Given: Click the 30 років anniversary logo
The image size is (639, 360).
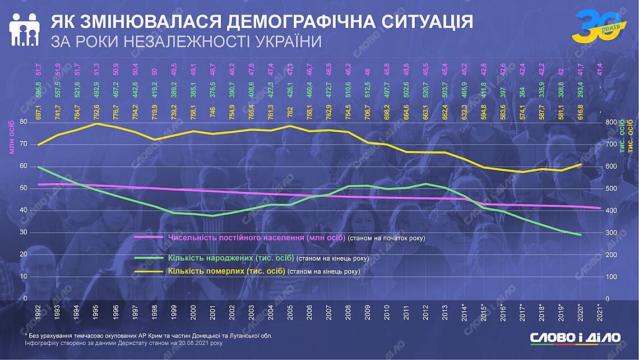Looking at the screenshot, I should tap(596, 26).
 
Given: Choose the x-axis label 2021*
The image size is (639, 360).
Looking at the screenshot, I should tap(600, 312).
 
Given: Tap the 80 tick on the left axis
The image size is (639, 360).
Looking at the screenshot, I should tap(23, 122).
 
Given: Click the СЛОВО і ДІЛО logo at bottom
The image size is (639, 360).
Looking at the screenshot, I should tap(576, 338).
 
